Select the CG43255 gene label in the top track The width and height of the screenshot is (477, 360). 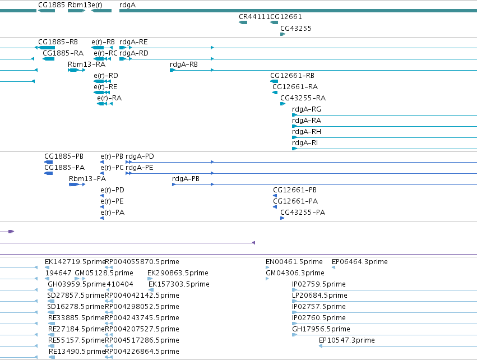(296, 29)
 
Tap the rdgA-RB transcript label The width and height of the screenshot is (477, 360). (184, 64)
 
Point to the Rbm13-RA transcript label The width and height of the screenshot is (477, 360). (87, 64)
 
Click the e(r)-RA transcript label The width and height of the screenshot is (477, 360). (109, 98)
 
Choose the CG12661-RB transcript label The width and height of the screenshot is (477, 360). (293, 76)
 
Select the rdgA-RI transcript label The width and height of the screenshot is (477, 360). (305, 143)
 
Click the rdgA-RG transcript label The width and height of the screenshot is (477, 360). (307, 109)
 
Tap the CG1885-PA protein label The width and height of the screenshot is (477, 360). (64, 168)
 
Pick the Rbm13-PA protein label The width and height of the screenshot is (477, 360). (87, 179)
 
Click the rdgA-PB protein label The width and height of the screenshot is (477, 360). (186, 179)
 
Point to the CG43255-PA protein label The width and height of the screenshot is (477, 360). (303, 213)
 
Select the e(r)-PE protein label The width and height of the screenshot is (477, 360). (112, 201)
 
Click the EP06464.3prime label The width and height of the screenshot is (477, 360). (360, 262)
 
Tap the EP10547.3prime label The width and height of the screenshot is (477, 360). (347, 340)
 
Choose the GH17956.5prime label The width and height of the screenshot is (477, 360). (321, 329)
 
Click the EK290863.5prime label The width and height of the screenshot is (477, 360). (178, 273)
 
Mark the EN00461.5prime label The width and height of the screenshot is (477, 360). (294, 262)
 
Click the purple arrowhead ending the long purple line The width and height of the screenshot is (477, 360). (254, 243)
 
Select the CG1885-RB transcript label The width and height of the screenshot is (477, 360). (58, 42)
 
